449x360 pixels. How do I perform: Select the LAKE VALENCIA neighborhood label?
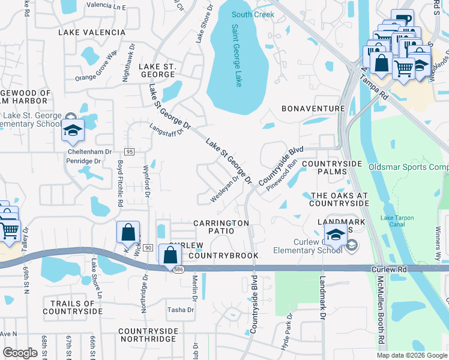[x=92, y=32]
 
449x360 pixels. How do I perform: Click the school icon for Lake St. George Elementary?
[x=73, y=131]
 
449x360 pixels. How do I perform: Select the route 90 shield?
[x=148, y=248]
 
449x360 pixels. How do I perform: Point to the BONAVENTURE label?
[x=314, y=109]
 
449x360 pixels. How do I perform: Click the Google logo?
[x=20, y=353]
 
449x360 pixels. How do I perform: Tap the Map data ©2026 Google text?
[x=411, y=355]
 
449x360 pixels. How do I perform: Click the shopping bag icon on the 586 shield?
[x=170, y=254]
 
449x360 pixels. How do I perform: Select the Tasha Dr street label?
[x=181, y=310]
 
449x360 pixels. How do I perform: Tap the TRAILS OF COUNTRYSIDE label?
[x=73, y=308]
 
